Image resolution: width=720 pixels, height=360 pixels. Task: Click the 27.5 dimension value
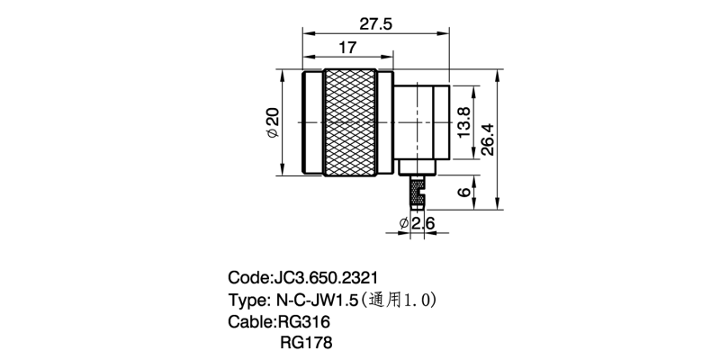pyautogui.click(x=375, y=24)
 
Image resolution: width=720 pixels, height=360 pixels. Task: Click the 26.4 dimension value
pyautogui.click(x=487, y=139)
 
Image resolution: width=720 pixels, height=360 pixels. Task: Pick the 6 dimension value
pyautogui.click(x=463, y=193)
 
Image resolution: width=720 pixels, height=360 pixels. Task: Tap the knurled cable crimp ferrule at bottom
pyautogui.click(x=417, y=192)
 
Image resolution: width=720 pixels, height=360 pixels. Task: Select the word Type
pyautogui.click(x=247, y=298)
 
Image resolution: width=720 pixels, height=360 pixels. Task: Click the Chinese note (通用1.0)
pyautogui.click(x=401, y=298)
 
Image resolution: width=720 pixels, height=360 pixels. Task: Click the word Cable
pyautogui.click(x=251, y=320)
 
